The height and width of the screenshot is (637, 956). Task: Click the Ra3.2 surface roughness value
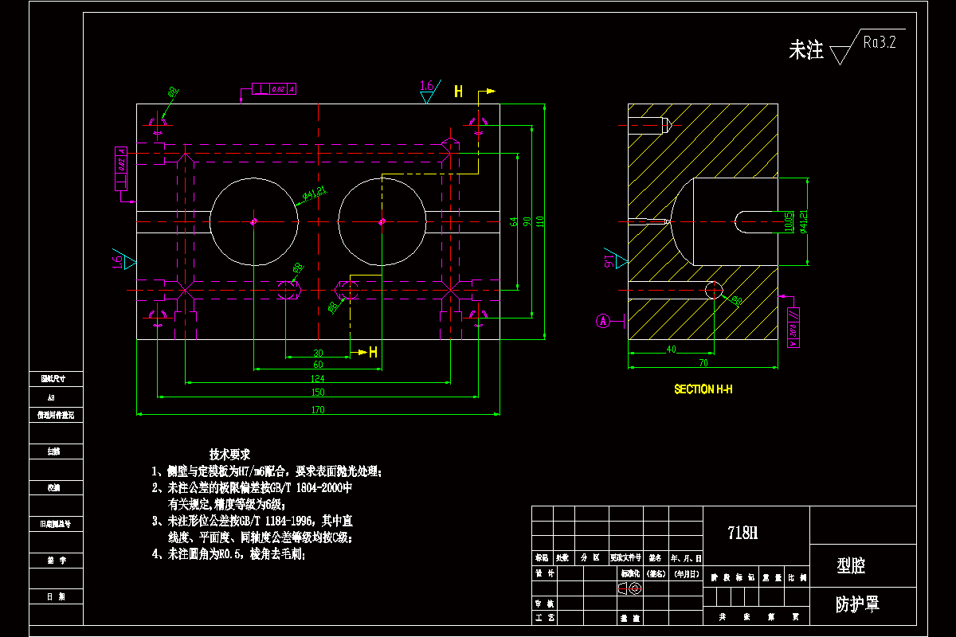point(880,43)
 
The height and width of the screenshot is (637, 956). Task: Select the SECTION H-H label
point(703,389)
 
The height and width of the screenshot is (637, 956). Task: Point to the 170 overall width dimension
point(318,410)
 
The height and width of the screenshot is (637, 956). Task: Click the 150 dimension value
point(318,392)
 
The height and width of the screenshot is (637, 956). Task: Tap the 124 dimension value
point(318,378)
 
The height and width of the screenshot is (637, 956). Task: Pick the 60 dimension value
point(318,365)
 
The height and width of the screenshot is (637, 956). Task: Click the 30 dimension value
point(318,353)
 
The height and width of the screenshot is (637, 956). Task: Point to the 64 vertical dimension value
point(514,221)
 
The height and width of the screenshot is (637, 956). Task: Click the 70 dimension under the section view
point(703,363)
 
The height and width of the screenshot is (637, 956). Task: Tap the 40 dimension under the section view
point(671,349)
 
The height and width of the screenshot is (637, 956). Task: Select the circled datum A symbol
point(603,321)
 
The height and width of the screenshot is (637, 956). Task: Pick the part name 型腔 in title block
point(851,566)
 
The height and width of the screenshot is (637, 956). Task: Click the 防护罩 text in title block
point(856,604)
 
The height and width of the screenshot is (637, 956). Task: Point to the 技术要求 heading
point(229,454)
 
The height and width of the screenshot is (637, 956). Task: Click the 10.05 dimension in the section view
point(789,221)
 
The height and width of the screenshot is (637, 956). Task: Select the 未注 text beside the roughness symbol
point(805,51)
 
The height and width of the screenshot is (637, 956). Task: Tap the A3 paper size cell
point(52,397)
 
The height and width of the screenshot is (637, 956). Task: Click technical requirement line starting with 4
point(228,555)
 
